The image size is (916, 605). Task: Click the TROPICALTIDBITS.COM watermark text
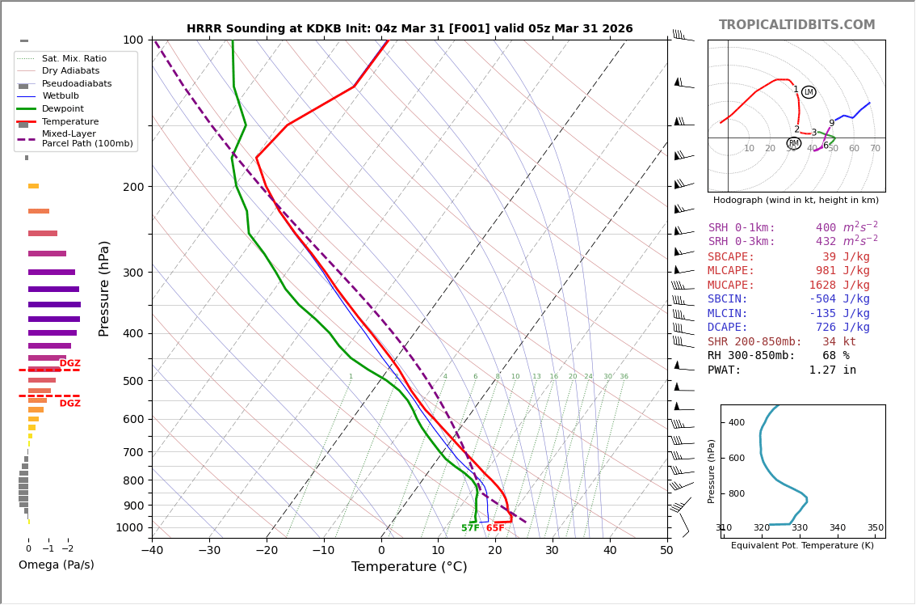click(x=796, y=25)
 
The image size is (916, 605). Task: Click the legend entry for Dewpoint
click(x=63, y=109)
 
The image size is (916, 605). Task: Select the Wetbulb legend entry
click(x=61, y=96)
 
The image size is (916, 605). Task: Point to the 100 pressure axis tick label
click(x=132, y=40)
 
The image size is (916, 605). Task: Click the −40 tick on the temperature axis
click(x=152, y=551)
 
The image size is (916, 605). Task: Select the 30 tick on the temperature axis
click(x=552, y=551)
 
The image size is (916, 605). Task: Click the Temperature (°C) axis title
click(x=409, y=567)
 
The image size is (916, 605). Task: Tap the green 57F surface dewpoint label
click(x=470, y=528)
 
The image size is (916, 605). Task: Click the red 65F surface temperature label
click(x=495, y=528)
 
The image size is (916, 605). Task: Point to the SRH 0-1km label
click(x=742, y=228)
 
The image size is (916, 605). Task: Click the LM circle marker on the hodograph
click(x=809, y=92)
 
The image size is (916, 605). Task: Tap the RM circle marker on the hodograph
click(x=793, y=143)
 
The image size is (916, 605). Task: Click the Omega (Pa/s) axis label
click(x=56, y=565)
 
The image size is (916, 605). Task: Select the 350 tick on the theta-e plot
click(x=876, y=528)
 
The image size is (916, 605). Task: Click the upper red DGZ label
click(x=70, y=364)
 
